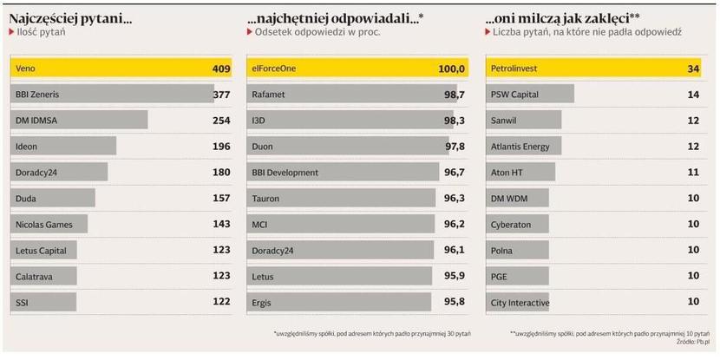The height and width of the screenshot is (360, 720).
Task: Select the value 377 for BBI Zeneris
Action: coord(222,94)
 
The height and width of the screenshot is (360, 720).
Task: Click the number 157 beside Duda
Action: coord(222,199)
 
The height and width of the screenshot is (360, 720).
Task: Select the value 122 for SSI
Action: coord(222,302)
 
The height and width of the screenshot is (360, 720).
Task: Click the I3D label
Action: coord(259,121)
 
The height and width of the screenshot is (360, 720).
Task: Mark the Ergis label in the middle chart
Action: coord(262,302)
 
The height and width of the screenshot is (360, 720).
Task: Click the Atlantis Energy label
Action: coord(520,147)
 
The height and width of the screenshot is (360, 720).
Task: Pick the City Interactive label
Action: coord(520,302)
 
